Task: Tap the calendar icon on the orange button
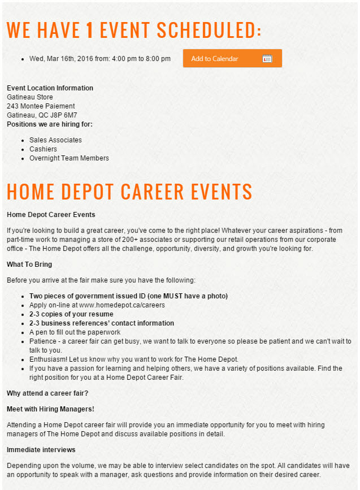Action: click(x=267, y=59)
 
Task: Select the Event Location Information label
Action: click(x=50, y=88)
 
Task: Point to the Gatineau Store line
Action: click(x=29, y=97)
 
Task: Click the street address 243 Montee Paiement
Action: click(x=41, y=106)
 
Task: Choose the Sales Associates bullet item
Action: click(x=55, y=140)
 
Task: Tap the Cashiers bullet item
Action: click(x=43, y=149)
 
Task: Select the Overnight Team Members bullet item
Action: click(x=69, y=158)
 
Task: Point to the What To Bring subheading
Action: click(x=29, y=264)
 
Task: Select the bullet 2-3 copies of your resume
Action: click(x=71, y=314)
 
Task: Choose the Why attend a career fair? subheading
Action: click(x=47, y=393)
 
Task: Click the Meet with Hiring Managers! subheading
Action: click(x=50, y=409)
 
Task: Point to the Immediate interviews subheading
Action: click(x=41, y=450)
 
